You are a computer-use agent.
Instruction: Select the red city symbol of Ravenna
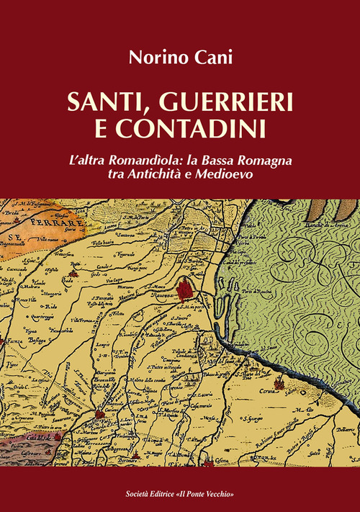pos(186,289)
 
